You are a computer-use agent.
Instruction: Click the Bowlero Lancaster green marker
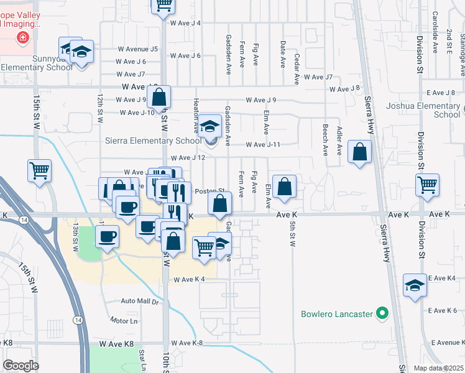click(x=382, y=313)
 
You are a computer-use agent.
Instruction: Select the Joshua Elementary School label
click(x=431, y=110)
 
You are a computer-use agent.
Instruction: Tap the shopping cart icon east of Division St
click(x=428, y=184)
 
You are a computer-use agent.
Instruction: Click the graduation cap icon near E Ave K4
click(x=415, y=285)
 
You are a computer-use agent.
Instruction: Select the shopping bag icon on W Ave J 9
click(x=159, y=97)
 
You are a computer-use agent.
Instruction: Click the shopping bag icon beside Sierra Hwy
click(x=360, y=151)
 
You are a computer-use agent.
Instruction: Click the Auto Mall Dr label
click(x=140, y=301)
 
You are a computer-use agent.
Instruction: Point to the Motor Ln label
click(x=124, y=321)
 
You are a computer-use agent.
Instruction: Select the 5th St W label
click(x=292, y=233)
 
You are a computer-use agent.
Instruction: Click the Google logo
click(x=21, y=366)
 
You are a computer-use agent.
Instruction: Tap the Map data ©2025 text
click(x=439, y=368)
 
